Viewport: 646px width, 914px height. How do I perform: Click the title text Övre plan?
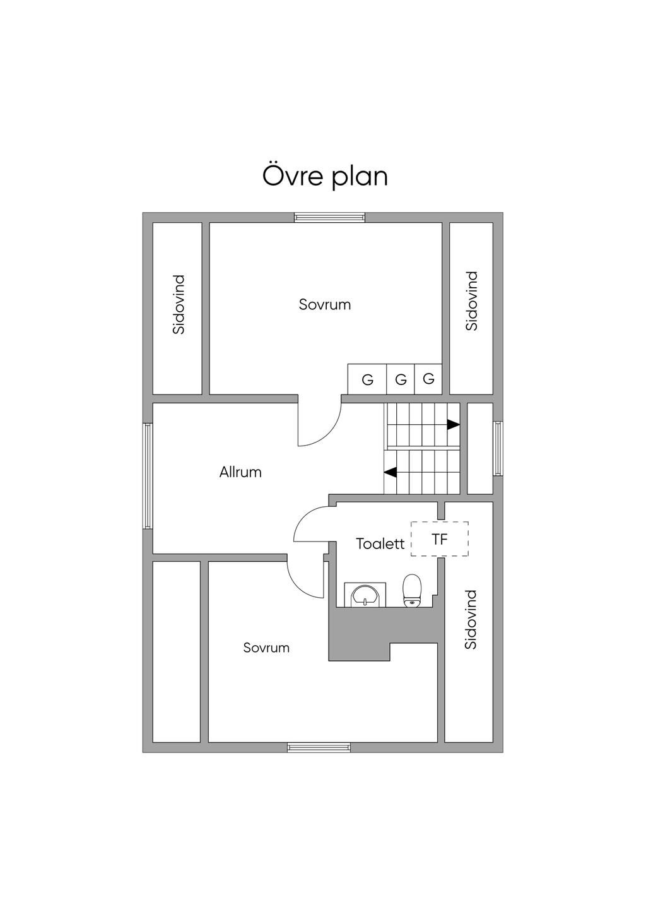coord(325,176)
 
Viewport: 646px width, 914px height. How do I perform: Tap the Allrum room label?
coord(240,472)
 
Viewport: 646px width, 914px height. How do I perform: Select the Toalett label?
coord(380,543)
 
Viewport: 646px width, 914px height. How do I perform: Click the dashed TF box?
coord(440,539)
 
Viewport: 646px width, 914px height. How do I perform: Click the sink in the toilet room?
coord(365,595)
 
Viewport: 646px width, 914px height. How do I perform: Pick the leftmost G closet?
coord(367,380)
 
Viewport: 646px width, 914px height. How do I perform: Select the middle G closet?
coord(401,380)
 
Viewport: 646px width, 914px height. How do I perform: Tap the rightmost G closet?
coord(429,379)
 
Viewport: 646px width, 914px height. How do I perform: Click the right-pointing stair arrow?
coord(453,424)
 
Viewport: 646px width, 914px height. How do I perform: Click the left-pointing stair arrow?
coord(391,472)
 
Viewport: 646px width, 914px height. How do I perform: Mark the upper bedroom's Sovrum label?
coord(325,305)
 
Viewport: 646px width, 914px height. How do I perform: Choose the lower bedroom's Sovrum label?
coord(266,648)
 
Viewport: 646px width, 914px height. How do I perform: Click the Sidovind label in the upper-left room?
coord(179,304)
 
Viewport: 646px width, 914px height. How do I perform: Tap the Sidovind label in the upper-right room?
coord(472,301)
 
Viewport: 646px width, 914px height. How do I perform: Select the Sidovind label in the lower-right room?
coord(471,620)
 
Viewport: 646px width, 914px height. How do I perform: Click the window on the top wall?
coord(329,218)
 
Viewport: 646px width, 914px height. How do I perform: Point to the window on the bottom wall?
coord(319,747)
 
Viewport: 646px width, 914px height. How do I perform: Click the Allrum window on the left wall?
coord(148,475)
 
